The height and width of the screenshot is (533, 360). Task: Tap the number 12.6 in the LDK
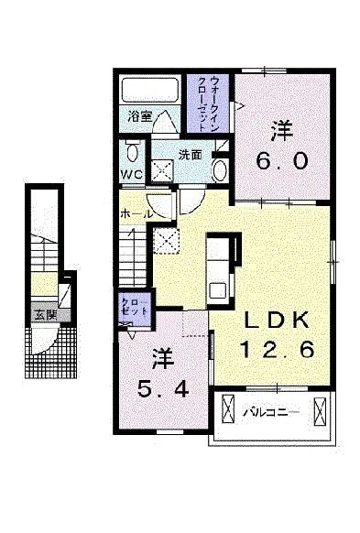(x=278, y=349)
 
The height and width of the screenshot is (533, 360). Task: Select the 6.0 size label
(x=281, y=160)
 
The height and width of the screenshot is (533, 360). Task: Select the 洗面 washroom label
(x=190, y=155)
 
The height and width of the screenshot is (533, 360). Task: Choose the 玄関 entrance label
(x=45, y=313)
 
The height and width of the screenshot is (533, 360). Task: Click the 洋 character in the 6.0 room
(x=281, y=130)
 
